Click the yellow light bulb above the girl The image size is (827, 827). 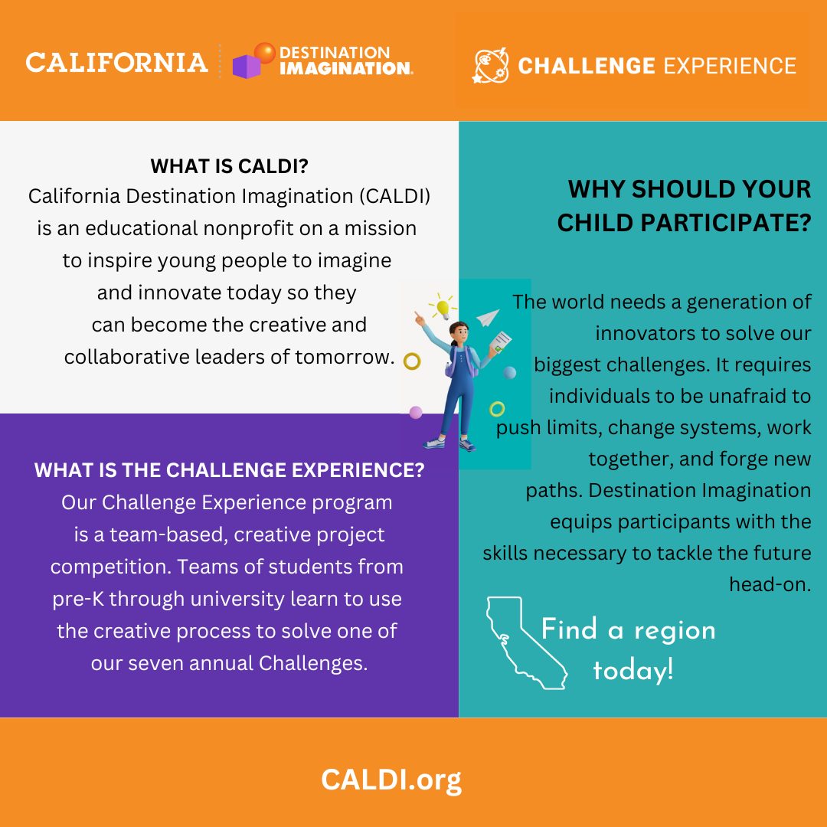tap(442, 308)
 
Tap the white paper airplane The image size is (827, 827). tap(488, 317)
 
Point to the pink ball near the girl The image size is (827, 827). tap(416, 412)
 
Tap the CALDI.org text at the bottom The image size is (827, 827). tap(391, 780)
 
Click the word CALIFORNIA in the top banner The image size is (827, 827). tap(116, 63)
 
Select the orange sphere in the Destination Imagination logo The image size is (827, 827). tap(265, 53)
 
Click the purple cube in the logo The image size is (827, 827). tap(246, 67)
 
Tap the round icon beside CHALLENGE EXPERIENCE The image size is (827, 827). tap(490, 66)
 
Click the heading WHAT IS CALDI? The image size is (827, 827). tap(229, 166)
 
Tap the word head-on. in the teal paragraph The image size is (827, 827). tap(770, 584)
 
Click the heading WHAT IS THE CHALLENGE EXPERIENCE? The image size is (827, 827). tap(229, 471)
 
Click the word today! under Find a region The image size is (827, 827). tap(633, 671)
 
